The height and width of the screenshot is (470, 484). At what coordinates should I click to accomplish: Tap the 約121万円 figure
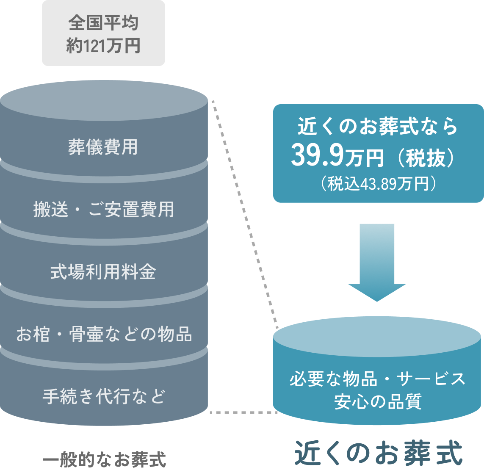coord(103,46)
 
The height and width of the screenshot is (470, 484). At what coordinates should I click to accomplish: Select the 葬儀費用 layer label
coord(103,147)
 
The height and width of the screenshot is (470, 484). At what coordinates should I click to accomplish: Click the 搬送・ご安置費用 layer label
coord(104,210)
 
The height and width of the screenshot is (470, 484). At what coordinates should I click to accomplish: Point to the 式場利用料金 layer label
coord(104,272)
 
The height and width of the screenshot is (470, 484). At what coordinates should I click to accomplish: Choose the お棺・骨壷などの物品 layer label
coord(104,335)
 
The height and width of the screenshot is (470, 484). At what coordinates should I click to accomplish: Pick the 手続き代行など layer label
coord(104,397)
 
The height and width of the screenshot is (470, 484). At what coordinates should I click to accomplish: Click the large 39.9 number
coord(317,156)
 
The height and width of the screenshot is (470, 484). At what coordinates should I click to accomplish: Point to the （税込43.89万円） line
coord(378,184)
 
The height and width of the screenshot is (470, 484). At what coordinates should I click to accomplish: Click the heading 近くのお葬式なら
coord(378,127)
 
